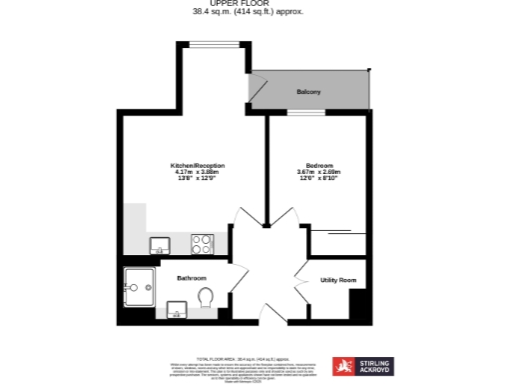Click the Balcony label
[x=308, y=92]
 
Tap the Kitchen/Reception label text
[x=197, y=164]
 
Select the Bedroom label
[x=319, y=164]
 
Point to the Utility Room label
[x=338, y=281]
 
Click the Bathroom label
[x=192, y=277]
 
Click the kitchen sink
[x=159, y=243]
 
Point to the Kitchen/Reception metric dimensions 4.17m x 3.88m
[x=197, y=171]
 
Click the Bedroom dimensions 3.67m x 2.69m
[x=319, y=171]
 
